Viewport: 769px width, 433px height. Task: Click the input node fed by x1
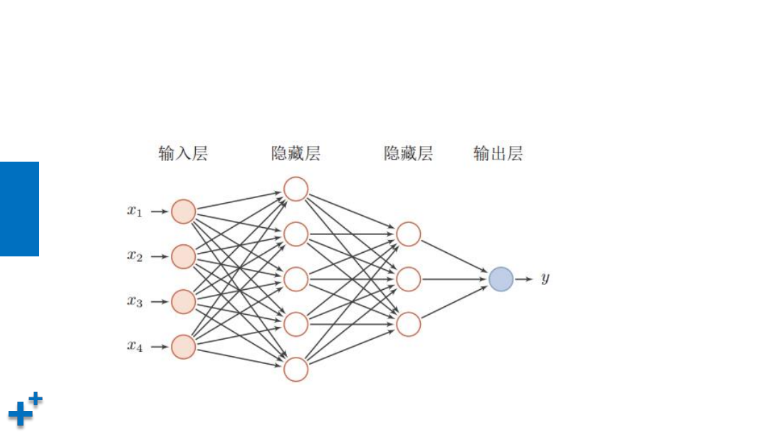183,212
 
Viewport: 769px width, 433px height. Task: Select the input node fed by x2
183,256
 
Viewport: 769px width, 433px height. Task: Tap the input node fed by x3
183,302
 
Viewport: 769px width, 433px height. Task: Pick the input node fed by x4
183,347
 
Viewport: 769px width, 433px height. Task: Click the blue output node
501,279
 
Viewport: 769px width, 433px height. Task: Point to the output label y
545,278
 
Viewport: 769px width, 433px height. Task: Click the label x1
135,212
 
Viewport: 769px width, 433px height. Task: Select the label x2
135,256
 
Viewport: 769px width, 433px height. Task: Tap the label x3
135,302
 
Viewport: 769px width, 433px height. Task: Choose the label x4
135,347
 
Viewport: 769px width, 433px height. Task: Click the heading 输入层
183,154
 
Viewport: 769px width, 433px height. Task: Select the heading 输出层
498,154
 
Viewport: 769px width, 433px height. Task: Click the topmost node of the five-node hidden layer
295,189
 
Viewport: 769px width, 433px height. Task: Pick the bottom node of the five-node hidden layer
295,370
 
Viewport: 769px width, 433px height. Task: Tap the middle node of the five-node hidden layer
295,279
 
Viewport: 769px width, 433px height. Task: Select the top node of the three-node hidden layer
409,234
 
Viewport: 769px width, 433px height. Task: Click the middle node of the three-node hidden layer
409,279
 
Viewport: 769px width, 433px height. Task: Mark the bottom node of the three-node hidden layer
409,324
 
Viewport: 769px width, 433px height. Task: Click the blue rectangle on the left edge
19,209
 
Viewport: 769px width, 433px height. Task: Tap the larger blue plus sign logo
20,413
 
